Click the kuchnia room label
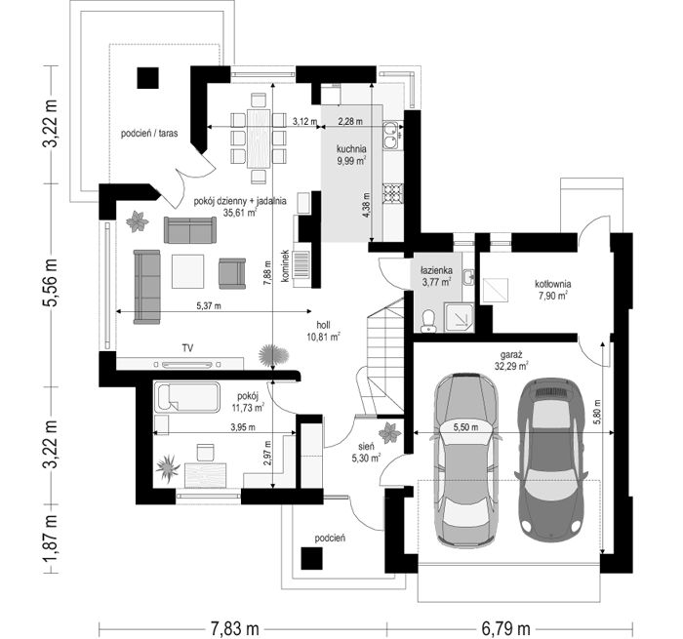pyautogui.click(x=351, y=149)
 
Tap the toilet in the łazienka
pyautogui.click(x=427, y=321)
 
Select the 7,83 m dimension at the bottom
pyautogui.click(x=235, y=628)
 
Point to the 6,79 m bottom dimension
pyautogui.click(x=505, y=628)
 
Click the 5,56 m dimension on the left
pyautogui.click(x=52, y=284)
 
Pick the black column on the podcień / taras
pyautogui.click(x=148, y=78)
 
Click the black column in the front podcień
pyautogui.click(x=312, y=558)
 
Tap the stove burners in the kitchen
pyautogui.click(x=393, y=193)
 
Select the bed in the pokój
pyautogui.click(x=188, y=397)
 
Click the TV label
pyautogui.click(x=187, y=347)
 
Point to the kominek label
pyautogui.click(x=285, y=265)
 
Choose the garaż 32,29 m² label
pyautogui.click(x=511, y=361)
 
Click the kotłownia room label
pyautogui.click(x=553, y=290)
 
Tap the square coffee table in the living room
pyautogui.click(x=187, y=271)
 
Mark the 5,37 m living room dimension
pyautogui.click(x=209, y=306)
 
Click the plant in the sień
pyautogui.click(x=389, y=432)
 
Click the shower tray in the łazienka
pyautogui.click(x=459, y=317)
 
